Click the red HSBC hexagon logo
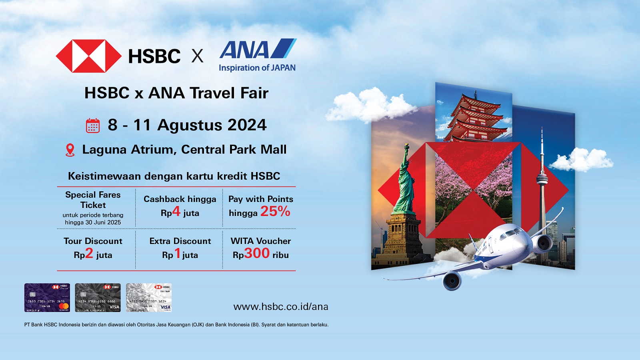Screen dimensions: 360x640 pos(88,56)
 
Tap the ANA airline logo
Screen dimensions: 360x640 pos(258,50)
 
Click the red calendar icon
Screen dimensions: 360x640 pos(93,126)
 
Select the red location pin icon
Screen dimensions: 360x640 pos(70,150)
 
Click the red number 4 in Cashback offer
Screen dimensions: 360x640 pos(176,211)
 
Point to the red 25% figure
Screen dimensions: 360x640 pos(275,211)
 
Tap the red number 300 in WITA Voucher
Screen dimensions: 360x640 pos(257,253)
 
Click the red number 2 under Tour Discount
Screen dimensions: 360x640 pos(89,253)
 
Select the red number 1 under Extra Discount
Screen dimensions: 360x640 pos(178,253)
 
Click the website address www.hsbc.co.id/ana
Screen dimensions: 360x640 pos(281,307)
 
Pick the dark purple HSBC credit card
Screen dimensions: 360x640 pos(47,298)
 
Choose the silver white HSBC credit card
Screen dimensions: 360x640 pos(149,298)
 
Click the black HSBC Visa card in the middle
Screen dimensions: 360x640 pos(98,298)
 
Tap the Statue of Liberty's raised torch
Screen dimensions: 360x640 pos(407,146)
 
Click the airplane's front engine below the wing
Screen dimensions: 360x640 pos(452,280)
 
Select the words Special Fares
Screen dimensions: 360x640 pos(93,195)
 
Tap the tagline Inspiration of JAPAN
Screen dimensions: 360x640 pos(257,68)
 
